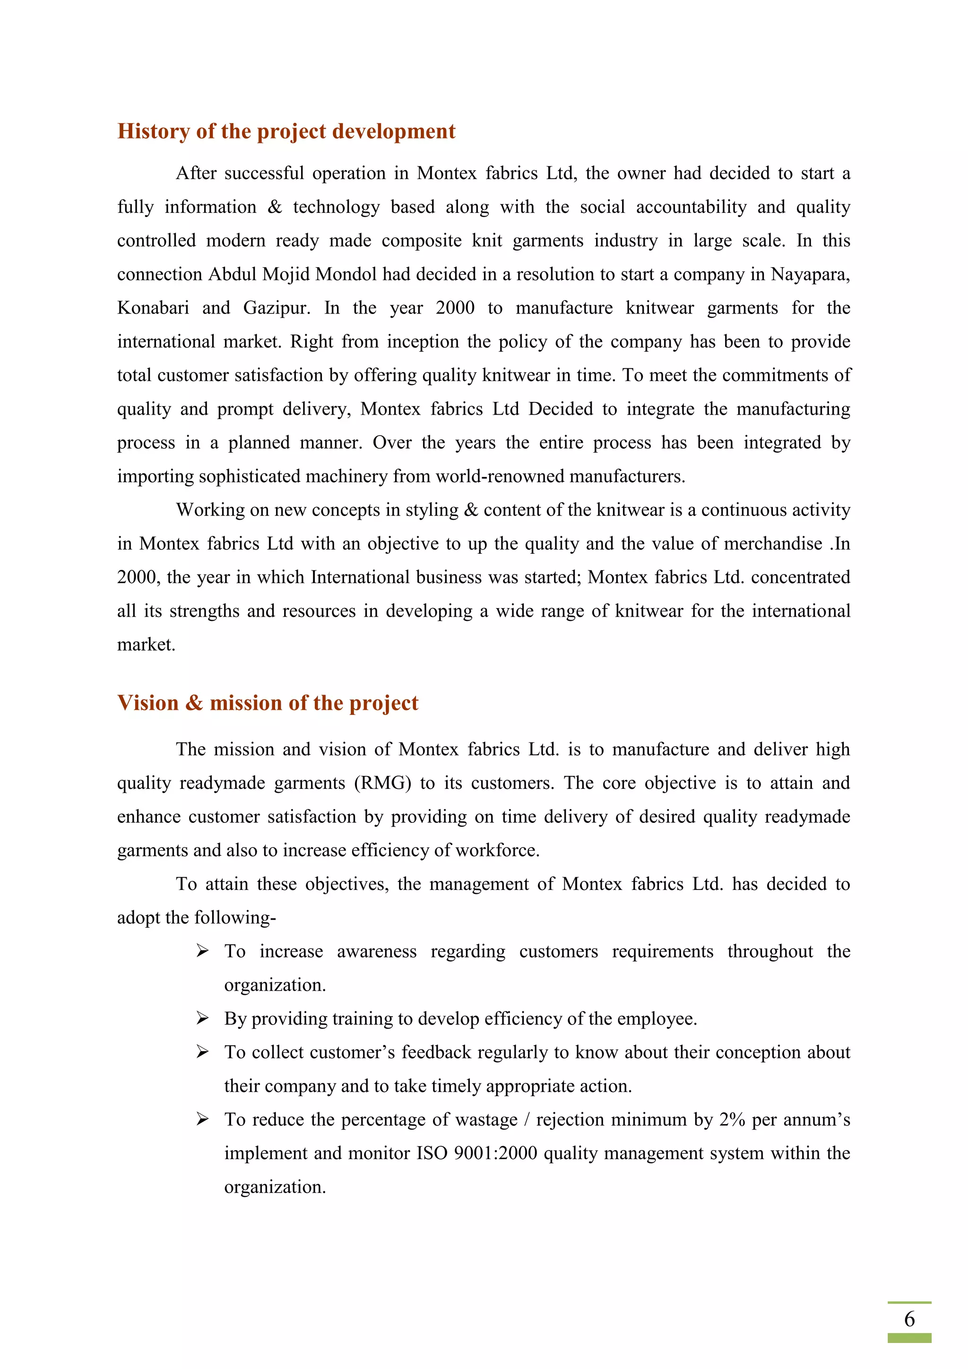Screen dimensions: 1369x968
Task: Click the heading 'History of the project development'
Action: click(286, 131)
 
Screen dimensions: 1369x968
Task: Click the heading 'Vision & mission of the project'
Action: click(268, 703)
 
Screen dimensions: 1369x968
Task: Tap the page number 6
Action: click(909, 1318)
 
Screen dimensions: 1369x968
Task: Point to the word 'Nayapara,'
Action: click(810, 274)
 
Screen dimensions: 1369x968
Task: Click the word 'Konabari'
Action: click(153, 308)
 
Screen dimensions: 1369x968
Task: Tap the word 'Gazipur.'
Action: click(277, 308)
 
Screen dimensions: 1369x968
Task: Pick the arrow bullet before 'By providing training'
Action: click(203, 1019)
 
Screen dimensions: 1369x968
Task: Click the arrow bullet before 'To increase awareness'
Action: click(203, 951)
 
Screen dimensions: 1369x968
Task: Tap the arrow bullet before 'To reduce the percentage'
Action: click(203, 1120)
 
